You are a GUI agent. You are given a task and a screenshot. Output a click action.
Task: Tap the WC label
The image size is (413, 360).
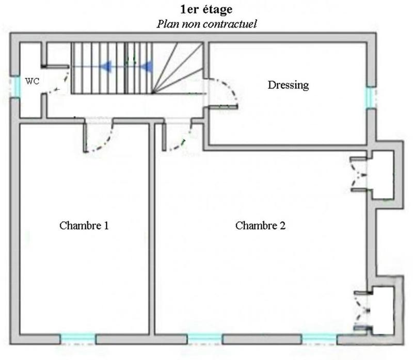(x=32, y=81)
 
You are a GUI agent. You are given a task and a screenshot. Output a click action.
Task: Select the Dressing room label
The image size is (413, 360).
(x=288, y=85)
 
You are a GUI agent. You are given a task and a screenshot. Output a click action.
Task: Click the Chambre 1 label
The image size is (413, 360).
(x=84, y=225)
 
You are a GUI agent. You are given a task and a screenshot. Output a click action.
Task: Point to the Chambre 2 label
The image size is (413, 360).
(x=260, y=225)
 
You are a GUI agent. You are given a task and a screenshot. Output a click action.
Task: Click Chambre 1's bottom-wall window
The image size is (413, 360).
(x=77, y=339)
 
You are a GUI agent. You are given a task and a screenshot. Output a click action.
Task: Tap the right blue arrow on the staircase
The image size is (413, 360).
(x=147, y=66)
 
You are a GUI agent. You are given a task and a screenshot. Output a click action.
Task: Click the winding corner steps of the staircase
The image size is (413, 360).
(x=178, y=67)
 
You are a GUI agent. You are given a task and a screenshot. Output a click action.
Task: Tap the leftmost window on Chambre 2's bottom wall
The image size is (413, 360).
(x=205, y=339)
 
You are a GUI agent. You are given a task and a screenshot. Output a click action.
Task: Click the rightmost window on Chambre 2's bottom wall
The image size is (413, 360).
(x=319, y=339)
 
